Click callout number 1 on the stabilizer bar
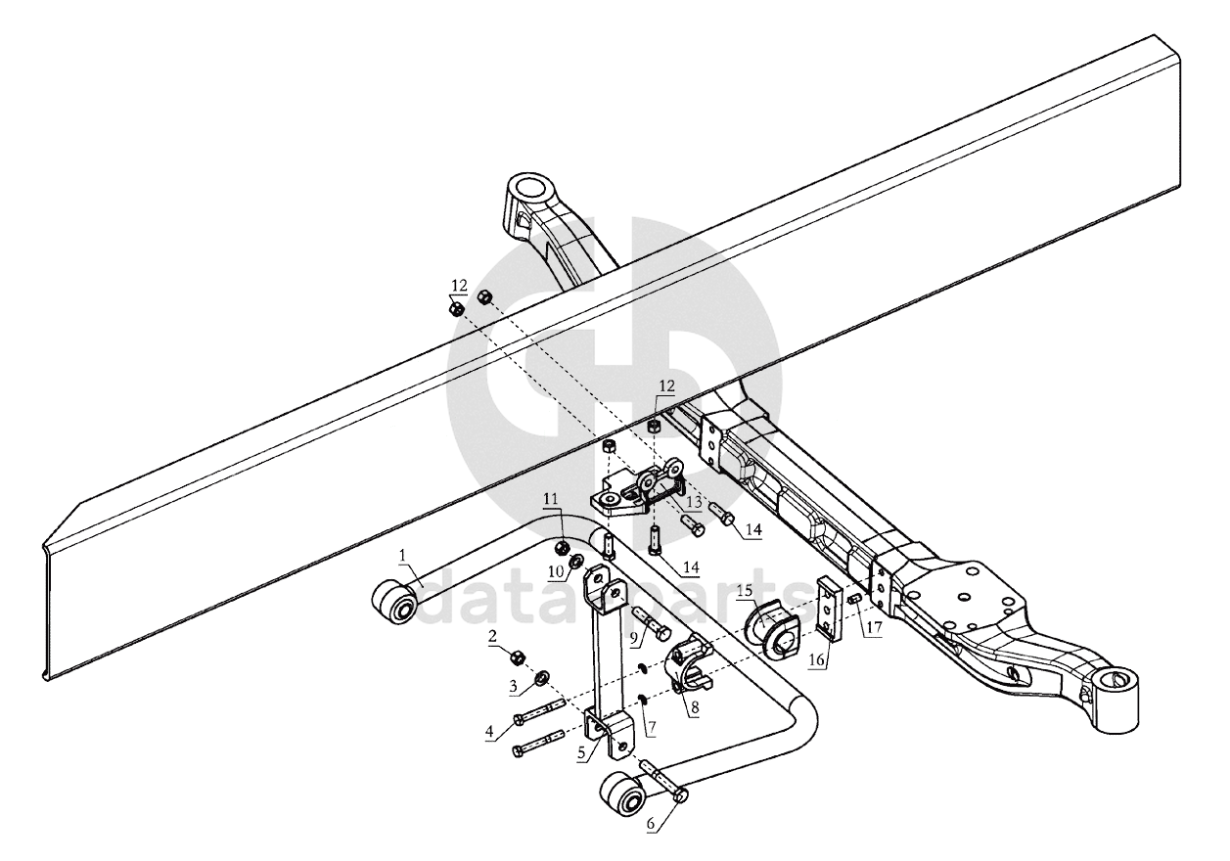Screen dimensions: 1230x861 [402, 555]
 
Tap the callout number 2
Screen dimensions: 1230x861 [492, 636]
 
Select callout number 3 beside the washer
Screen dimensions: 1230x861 [513, 687]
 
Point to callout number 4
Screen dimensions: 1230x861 [489, 732]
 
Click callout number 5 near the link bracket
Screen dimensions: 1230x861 [581, 754]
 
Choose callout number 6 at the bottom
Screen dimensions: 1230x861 [651, 839]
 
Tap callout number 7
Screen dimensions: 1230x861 [652, 728]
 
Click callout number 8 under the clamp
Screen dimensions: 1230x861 [695, 707]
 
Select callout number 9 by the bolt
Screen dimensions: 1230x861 [634, 638]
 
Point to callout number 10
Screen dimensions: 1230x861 [556, 571]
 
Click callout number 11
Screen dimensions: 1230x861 [551, 499]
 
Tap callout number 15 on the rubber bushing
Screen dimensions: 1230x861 [745, 591]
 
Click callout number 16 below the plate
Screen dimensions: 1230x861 [816, 658]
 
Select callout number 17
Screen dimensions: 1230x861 [874, 626]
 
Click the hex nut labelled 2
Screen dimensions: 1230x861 [519, 657]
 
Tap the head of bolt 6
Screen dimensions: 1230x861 [681, 794]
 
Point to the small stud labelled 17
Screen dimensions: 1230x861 [854, 599]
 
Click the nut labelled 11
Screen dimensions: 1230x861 [563, 547]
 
